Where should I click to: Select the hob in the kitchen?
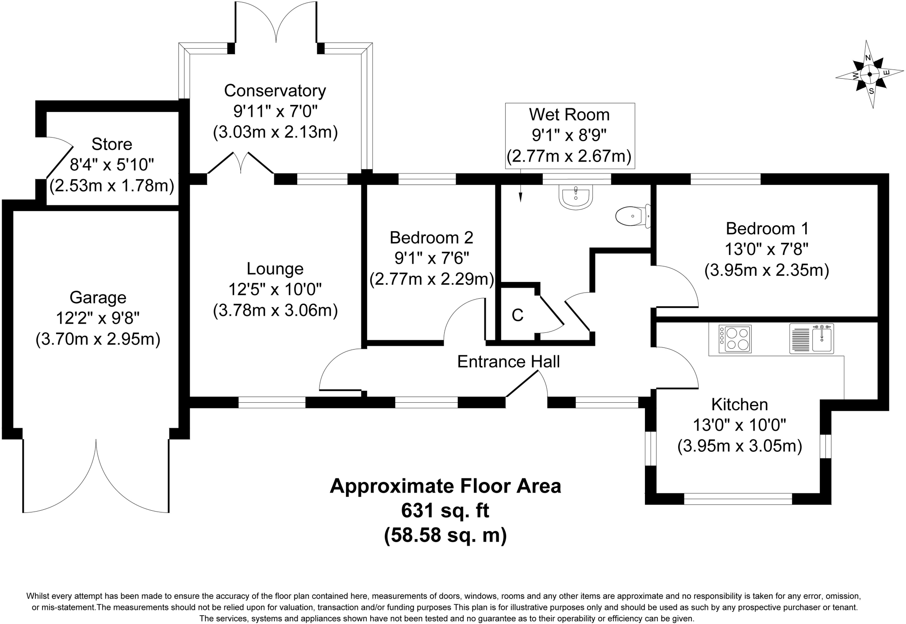pyautogui.click(x=735, y=339)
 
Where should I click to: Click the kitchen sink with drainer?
pyautogui.click(x=811, y=339)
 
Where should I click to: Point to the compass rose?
pyautogui.click(x=869, y=74)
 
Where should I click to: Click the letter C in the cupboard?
pyautogui.click(x=517, y=315)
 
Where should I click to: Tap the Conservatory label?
pyautogui.click(x=275, y=91)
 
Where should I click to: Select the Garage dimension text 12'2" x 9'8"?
pyautogui.click(x=98, y=318)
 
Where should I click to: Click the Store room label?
pyautogui.click(x=111, y=144)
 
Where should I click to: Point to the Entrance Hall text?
pyautogui.click(x=508, y=362)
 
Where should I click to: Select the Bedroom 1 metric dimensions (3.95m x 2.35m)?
pyautogui.click(x=766, y=270)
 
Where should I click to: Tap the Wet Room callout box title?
pyautogui.click(x=569, y=115)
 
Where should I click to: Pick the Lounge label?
pyautogui.click(x=275, y=269)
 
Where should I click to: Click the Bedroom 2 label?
pyautogui.click(x=431, y=238)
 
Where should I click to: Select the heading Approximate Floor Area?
pyautogui.click(x=445, y=486)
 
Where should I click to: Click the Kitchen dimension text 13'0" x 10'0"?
pyautogui.click(x=739, y=425)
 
